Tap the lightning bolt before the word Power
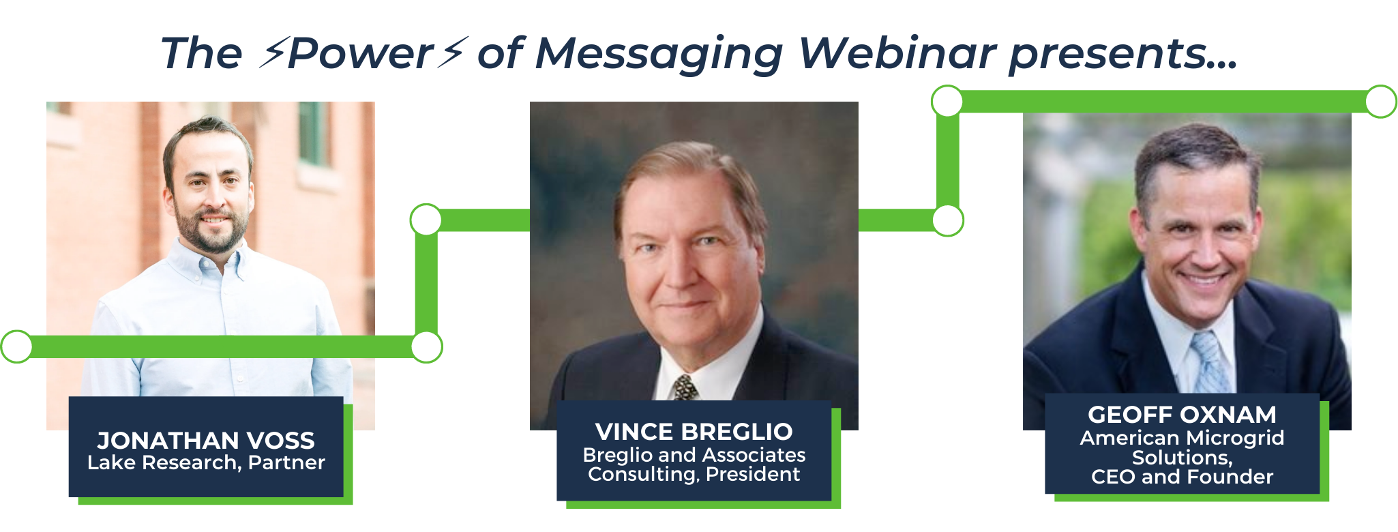[x=272, y=53]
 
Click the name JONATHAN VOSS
[x=205, y=441]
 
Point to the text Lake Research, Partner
[x=205, y=462]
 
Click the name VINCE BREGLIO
[x=694, y=432]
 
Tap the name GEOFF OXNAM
[x=1182, y=415]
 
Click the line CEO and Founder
[x=1182, y=477]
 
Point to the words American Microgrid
[x=1182, y=438]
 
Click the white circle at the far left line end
[x=16, y=346]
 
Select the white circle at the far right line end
[x=1381, y=102]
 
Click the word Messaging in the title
[x=659, y=55]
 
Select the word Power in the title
[x=360, y=53]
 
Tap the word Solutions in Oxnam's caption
[x=1180, y=458]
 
